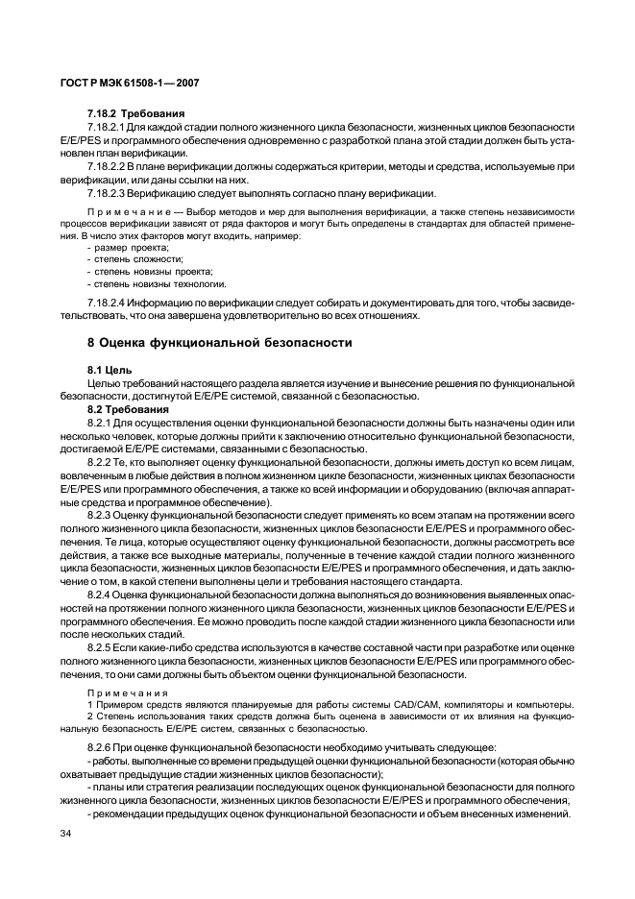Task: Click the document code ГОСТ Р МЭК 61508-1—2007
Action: (129, 85)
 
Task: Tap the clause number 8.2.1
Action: (98, 423)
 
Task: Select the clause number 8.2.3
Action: (98, 515)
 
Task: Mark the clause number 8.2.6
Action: (98, 747)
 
